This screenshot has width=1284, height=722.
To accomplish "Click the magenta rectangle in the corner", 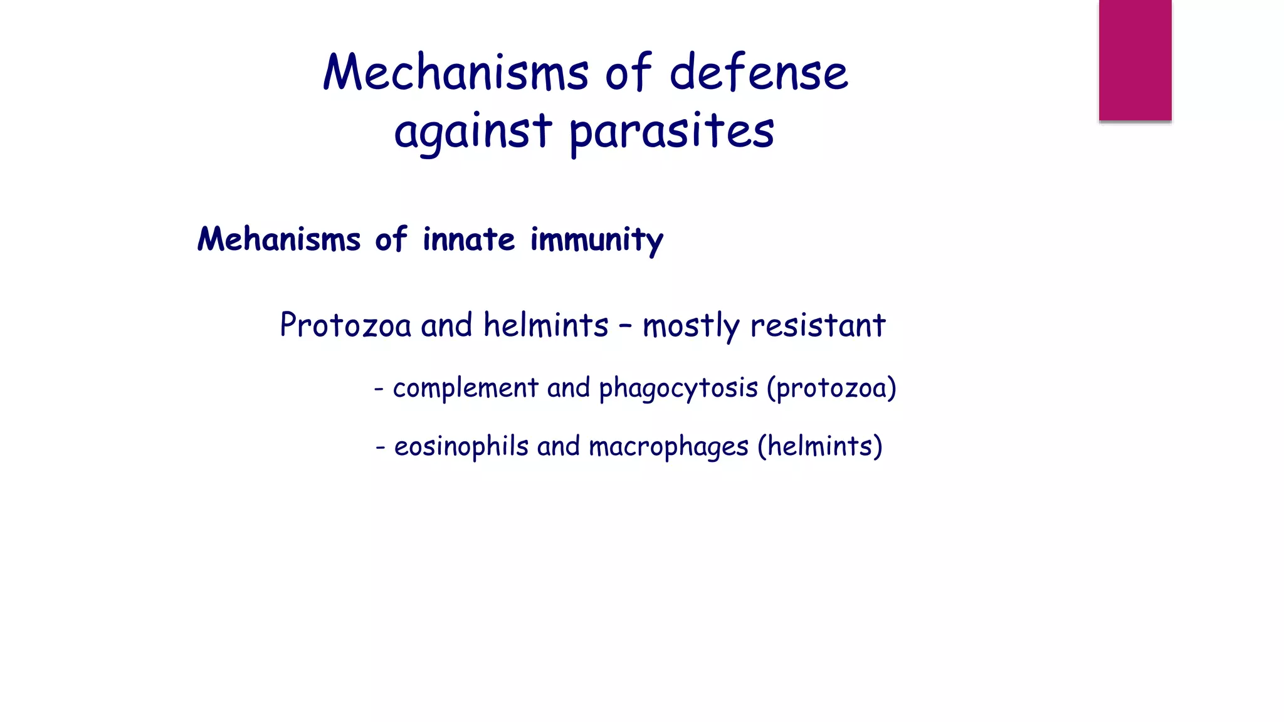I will (1135, 60).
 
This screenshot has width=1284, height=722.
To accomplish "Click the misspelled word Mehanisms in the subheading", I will (279, 239).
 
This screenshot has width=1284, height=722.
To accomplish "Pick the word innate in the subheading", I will (469, 239).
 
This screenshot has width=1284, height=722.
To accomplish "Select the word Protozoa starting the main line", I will (345, 325).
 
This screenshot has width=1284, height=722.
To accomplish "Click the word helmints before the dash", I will (545, 325).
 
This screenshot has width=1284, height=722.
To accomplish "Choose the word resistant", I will (818, 325).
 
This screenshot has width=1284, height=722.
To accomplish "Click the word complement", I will (465, 389).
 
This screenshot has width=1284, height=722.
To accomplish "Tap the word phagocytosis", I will (678, 389).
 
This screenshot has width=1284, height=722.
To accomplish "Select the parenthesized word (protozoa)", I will (831, 389).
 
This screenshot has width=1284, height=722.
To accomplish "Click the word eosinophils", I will (461, 447).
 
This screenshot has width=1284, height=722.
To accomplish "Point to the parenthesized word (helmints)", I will (820, 447).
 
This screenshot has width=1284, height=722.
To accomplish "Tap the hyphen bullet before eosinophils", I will (380, 448).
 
